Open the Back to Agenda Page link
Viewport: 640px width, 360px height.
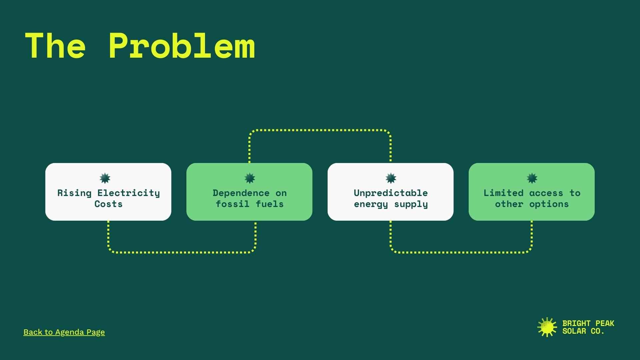64,332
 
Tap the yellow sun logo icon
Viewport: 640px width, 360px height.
547,327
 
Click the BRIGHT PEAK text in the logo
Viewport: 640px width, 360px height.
588,323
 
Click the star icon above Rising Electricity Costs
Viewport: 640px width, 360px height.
105,178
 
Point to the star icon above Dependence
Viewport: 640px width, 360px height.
250,178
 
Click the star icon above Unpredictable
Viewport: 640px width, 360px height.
391,178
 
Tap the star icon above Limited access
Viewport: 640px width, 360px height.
532,178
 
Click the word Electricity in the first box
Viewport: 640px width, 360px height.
129,193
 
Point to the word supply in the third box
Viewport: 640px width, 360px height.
411,204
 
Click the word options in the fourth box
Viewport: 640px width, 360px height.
549,204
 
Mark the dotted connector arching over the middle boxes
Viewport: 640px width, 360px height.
320,130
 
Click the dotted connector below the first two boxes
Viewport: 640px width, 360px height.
182,252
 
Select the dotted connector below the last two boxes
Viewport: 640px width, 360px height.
461,252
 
